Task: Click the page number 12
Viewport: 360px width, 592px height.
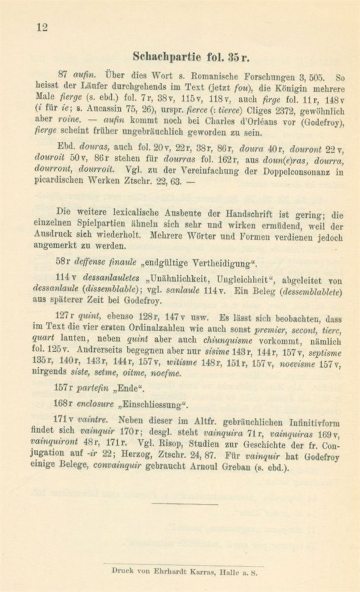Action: click(x=41, y=25)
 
